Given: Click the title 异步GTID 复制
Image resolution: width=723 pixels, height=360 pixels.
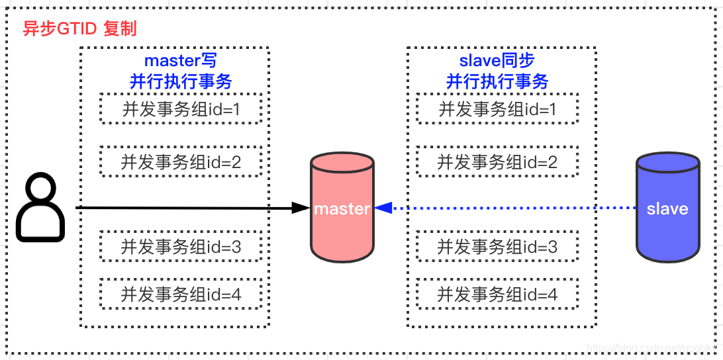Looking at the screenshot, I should point(79,30).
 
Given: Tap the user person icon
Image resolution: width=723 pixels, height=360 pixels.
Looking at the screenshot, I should point(40,207).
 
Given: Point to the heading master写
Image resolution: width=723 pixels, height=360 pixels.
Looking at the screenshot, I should point(181,61).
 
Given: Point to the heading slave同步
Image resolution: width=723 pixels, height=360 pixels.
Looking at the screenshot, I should point(497,61).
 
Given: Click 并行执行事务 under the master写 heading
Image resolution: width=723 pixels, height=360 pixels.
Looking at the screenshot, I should point(181,81).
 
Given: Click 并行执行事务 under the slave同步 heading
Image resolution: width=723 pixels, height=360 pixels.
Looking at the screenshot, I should point(497,81).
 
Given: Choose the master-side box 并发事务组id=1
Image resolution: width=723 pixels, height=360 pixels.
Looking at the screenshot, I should point(181,109).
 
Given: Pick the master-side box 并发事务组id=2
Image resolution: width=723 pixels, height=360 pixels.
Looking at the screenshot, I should point(181,161).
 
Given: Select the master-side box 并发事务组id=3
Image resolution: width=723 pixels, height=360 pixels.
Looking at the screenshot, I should point(181,247).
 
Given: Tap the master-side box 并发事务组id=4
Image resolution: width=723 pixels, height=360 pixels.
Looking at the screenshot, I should point(181,294).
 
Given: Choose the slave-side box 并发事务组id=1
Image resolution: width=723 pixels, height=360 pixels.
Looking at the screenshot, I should point(497,109).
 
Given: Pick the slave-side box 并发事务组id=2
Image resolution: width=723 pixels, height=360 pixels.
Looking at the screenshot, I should point(497,161).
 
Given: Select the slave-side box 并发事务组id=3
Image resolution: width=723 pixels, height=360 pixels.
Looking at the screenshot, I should point(497,247).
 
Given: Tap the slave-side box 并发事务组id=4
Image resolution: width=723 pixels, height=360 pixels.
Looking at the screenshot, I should point(497,294).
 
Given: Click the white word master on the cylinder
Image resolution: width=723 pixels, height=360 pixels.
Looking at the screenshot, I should point(342,208).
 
